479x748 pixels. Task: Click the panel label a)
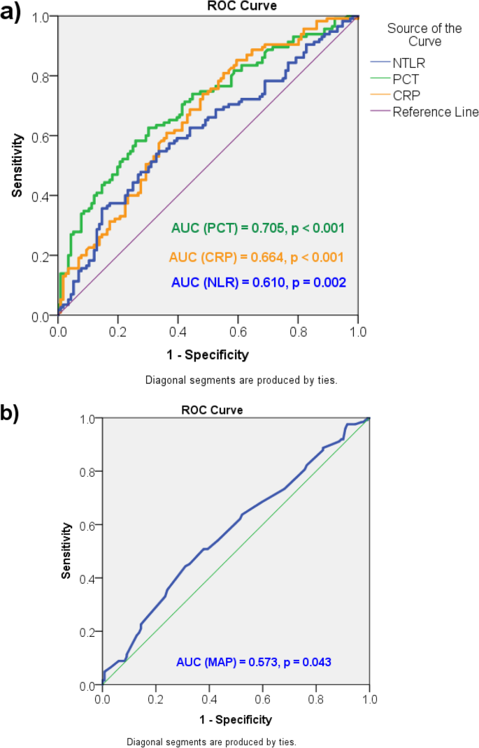[13, 13]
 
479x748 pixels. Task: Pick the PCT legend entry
[406, 80]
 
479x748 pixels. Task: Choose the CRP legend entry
[406, 96]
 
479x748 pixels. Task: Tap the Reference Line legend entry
[435, 112]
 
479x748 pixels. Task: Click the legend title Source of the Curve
[424, 35]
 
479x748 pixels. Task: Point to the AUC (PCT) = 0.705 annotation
[257, 228]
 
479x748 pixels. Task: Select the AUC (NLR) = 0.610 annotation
[257, 282]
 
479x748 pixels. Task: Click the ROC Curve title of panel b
[217, 410]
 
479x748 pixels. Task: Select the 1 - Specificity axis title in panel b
[236, 719]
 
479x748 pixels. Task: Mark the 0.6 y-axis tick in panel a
[44, 136]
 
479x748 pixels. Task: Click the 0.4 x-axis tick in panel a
[178, 330]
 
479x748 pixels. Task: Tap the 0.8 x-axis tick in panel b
[315, 698]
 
